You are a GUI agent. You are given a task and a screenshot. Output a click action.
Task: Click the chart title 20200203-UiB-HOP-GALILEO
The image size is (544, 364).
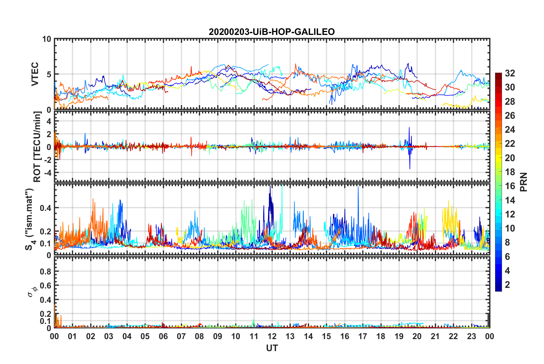272,32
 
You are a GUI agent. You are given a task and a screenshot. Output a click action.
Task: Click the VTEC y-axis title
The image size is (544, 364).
35,74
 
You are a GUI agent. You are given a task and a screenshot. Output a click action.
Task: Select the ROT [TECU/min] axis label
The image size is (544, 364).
37,147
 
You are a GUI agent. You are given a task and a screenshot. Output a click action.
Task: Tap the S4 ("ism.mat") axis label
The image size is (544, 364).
30,219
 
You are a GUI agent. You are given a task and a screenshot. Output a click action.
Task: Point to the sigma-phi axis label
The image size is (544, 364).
32,291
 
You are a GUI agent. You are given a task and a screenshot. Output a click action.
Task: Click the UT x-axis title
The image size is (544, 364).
272,348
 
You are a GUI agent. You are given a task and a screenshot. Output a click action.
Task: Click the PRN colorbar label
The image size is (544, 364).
524,182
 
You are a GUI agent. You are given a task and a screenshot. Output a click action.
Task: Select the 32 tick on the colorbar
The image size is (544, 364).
510,73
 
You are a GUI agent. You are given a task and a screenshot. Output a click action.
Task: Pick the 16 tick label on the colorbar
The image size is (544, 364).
510,186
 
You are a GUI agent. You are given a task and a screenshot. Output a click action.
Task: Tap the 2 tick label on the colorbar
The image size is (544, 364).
507,285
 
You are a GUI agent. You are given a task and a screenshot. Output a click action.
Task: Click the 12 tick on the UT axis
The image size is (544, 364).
272,336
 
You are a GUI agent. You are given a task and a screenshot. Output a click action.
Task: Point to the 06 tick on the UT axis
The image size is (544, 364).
163,336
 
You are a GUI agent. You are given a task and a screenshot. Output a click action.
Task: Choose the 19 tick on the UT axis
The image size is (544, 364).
399,336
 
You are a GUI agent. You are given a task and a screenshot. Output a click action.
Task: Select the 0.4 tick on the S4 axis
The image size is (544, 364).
46,208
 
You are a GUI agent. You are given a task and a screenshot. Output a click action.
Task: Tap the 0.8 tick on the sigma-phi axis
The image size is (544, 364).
46,271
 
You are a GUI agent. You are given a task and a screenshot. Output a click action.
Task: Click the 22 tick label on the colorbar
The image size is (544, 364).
510,144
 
